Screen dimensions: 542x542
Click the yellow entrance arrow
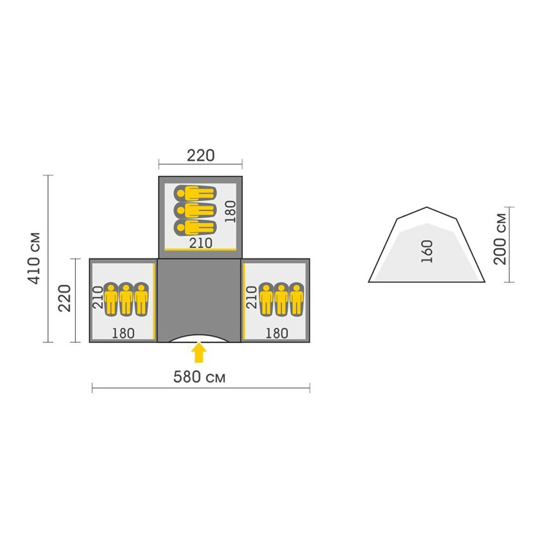(x=199, y=352)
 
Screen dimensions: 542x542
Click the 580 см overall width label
(x=199, y=377)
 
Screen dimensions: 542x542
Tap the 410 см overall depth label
(x=34, y=258)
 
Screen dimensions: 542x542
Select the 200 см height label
(x=500, y=239)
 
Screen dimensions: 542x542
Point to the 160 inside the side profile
(x=427, y=251)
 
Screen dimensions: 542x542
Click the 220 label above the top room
(x=200, y=156)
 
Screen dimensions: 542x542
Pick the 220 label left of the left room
(x=64, y=298)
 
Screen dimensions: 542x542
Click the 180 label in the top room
(x=230, y=212)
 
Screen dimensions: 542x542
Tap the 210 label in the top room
(x=200, y=243)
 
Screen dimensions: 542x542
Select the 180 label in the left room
(x=123, y=333)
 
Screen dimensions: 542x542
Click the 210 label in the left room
(x=98, y=298)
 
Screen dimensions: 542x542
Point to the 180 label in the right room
(x=277, y=333)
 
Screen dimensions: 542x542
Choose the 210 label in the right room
(x=251, y=298)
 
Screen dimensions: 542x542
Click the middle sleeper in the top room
(x=195, y=210)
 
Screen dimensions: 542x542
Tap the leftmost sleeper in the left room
(x=110, y=299)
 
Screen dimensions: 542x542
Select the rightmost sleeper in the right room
(x=297, y=299)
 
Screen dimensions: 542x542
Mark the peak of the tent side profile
(x=427, y=207)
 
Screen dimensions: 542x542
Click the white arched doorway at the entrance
(x=199, y=339)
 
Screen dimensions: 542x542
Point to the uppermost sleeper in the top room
(x=195, y=194)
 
